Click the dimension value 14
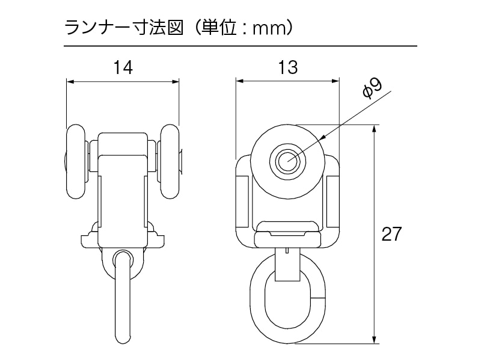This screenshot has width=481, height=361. (x=123, y=67)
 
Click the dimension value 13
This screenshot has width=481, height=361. (x=288, y=67)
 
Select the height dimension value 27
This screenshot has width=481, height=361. (x=391, y=234)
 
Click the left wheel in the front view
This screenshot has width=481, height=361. (x=76, y=162)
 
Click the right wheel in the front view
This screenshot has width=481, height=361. (x=170, y=162)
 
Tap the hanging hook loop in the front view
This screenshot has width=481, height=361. (x=122, y=295)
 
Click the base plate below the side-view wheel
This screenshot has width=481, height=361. (x=287, y=238)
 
